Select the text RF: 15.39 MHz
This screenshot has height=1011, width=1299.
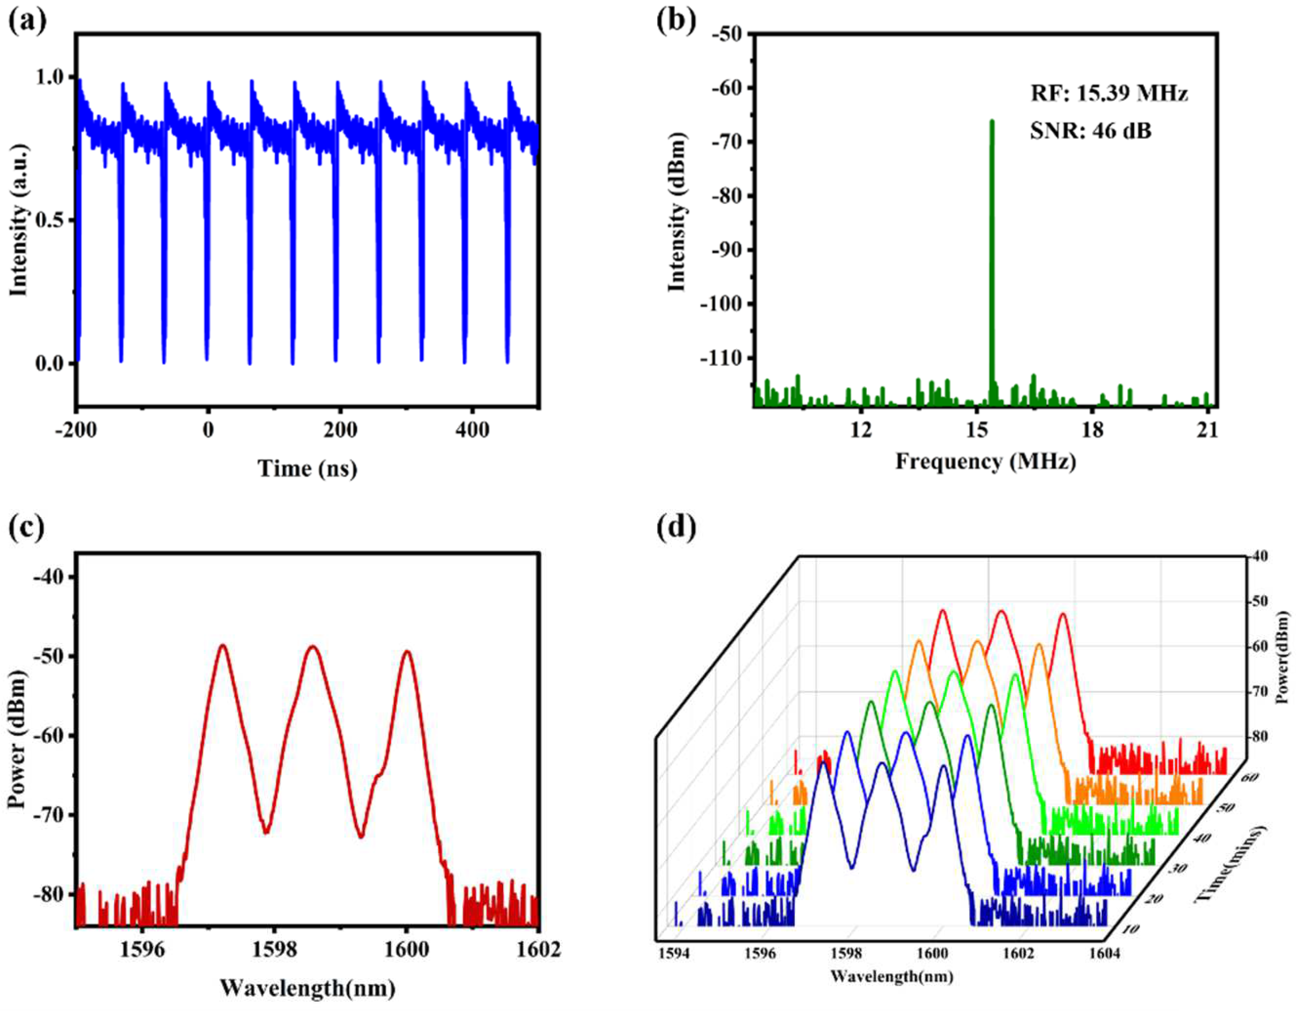pyautogui.click(x=1109, y=93)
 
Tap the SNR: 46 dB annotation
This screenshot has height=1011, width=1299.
pyautogui.click(x=1090, y=130)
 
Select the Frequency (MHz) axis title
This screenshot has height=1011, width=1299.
pyautogui.click(x=986, y=461)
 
